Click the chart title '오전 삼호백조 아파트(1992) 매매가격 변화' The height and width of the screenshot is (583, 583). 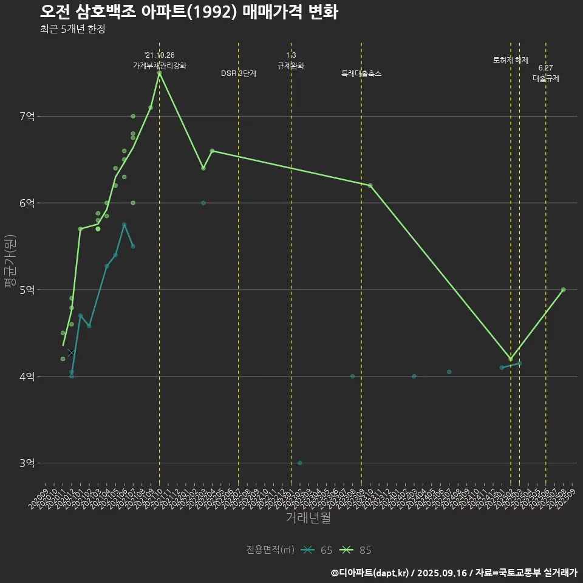(189, 12)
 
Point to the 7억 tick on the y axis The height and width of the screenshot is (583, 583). (27, 116)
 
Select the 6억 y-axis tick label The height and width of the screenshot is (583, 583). (27, 203)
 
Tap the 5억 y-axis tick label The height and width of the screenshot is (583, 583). (27, 290)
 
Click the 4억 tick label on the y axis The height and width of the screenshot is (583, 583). (27, 377)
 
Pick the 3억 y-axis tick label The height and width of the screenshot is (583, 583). (27, 463)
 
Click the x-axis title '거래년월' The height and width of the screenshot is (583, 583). (309, 518)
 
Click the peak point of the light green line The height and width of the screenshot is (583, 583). (159, 73)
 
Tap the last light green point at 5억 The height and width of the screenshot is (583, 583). (564, 290)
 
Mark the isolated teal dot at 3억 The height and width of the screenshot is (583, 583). (300, 463)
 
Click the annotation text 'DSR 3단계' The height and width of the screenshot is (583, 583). (239, 73)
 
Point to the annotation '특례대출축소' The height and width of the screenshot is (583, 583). (361, 73)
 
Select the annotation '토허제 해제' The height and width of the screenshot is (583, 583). (511, 60)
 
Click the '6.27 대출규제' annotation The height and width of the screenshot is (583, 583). (546, 73)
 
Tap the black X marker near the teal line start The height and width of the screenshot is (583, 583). (71, 353)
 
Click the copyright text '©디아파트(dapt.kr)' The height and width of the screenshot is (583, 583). (370, 572)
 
